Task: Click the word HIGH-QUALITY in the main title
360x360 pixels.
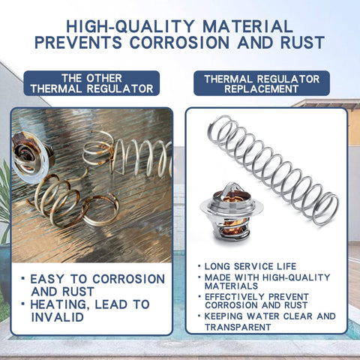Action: click(130, 26)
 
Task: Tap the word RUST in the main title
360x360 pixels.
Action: click(302, 42)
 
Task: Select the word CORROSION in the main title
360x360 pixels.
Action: click(179, 42)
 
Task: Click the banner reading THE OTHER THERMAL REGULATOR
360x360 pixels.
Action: click(91, 83)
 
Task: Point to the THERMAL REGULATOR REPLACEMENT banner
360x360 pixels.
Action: click(262, 83)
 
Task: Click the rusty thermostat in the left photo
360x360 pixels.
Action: click(31, 156)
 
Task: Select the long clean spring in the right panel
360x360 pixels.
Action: click(273, 170)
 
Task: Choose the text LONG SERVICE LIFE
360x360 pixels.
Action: click(250, 266)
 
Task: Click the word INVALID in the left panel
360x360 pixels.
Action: click(58, 317)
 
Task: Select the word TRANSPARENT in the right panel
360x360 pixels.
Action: click(238, 327)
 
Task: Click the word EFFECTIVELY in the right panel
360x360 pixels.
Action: click(235, 297)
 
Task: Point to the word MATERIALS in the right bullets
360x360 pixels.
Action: click(231, 286)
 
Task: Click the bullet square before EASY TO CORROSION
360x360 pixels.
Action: click(23, 278)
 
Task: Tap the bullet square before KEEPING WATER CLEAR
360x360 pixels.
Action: click(199, 316)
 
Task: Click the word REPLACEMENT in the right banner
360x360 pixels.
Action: click(261, 89)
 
